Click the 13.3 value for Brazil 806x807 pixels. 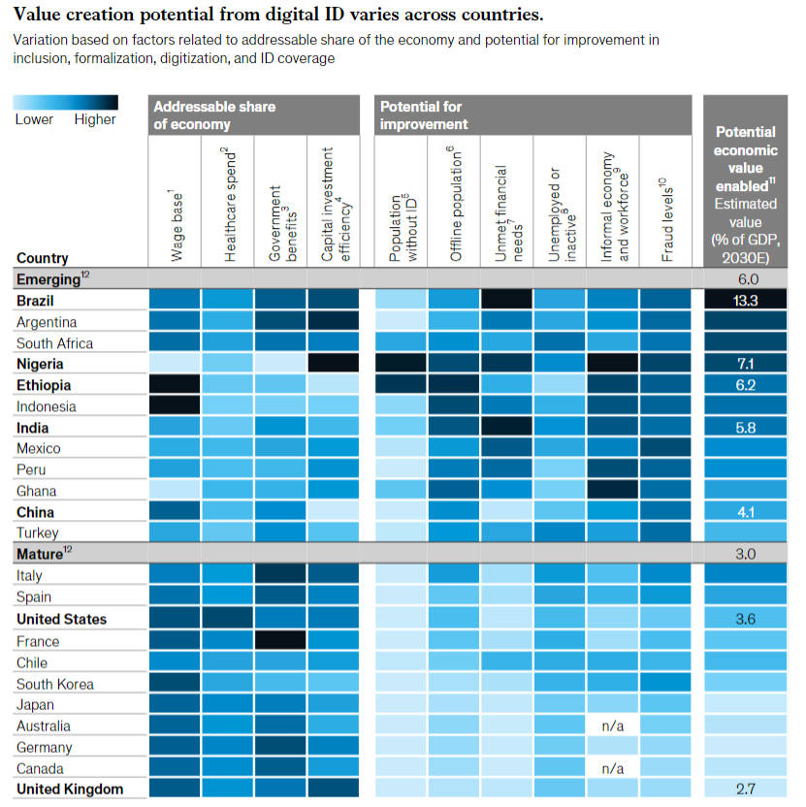point(746,301)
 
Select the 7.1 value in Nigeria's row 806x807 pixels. point(746,364)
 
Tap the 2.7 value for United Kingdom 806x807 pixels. point(746,789)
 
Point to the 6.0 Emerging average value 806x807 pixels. point(746,279)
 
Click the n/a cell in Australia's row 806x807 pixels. point(612,726)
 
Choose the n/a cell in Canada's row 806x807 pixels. point(612,768)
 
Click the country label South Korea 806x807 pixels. point(55,684)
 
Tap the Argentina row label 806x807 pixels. point(47,322)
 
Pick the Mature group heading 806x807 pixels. point(41,555)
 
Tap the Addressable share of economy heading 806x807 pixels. point(214,114)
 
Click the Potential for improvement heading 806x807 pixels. point(425,114)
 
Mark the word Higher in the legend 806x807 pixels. point(95,120)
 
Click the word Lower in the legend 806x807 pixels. point(34,120)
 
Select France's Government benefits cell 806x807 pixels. point(280,641)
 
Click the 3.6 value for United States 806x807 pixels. point(746,620)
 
